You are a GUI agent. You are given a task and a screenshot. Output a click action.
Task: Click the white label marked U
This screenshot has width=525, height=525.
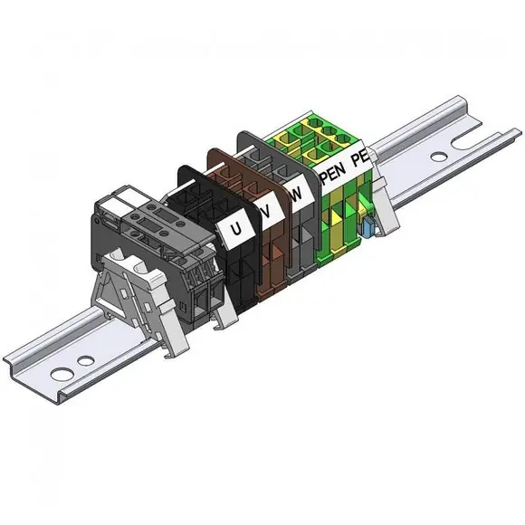tap(236, 229)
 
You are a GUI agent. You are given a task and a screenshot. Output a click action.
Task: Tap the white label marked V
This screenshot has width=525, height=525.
tap(269, 210)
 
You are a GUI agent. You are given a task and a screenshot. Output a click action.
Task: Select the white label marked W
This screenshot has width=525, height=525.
tap(298, 193)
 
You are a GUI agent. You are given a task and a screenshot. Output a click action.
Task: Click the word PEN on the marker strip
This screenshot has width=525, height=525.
tap(333, 175)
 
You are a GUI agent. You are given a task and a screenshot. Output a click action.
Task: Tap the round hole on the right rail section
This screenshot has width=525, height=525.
tap(439, 157)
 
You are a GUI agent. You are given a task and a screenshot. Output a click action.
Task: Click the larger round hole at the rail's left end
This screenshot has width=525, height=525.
tap(61, 373)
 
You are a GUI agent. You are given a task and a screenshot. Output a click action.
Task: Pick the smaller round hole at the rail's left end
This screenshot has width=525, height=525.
tap(86, 360)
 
